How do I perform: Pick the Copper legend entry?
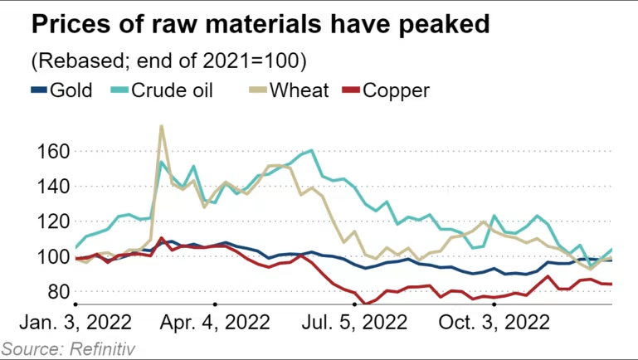[x=397, y=90]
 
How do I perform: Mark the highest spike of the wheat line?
[x=161, y=126]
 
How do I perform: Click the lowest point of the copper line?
[x=366, y=304]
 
